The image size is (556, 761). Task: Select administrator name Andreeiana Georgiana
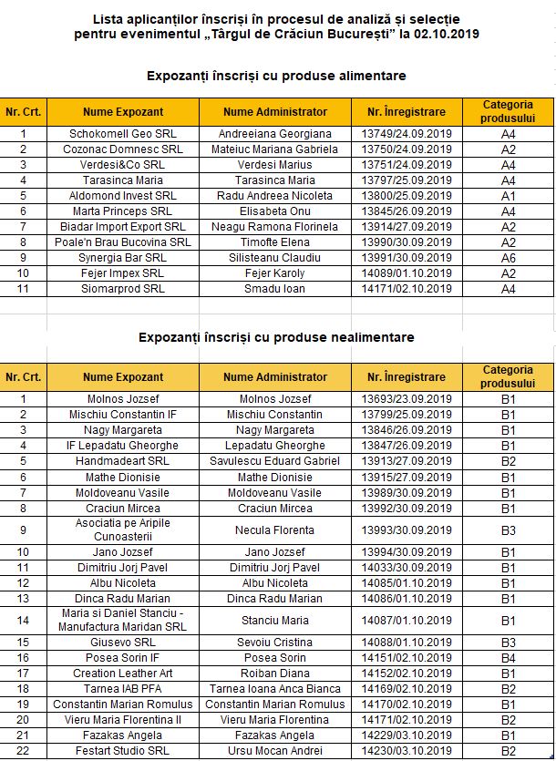pos(275,134)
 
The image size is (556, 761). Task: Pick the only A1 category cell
pos(509,196)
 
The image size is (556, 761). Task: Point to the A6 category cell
pos(509,258)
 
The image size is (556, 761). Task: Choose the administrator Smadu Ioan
pos(275,289)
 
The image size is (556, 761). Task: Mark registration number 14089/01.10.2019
pos(407,273)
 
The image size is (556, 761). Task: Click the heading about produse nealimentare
pos(276,337)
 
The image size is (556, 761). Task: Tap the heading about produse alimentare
pos(276,75)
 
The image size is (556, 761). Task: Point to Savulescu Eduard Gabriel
pos(275,461)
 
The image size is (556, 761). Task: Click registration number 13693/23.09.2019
pos(407,399)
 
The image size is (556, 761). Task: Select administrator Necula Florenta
pos(275,530)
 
